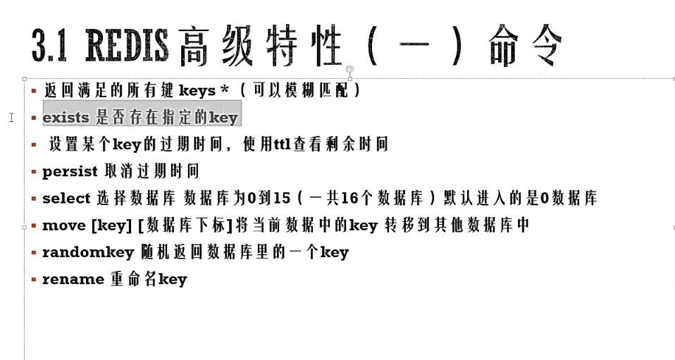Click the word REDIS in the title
point(128,46)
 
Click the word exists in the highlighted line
point(66,118)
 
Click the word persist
point(68,171)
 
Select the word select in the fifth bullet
point(66,199)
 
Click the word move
point(63,225)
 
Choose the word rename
point(73,279)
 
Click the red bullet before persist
point(33,171)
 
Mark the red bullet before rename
point(33,279)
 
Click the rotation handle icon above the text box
point(349,69)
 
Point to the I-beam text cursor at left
point(11,118)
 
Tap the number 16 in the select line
point(350,199)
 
